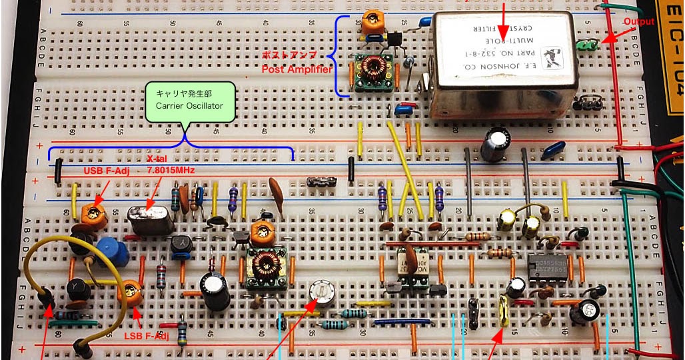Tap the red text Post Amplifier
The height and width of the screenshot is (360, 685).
pos(297,69)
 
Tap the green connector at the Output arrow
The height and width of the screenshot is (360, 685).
pos(586,45)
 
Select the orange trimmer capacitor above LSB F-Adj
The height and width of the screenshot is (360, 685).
pos(129,291)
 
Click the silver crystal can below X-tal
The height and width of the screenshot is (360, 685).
pos(151,220)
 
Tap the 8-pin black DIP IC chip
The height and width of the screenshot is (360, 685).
pos(548,266)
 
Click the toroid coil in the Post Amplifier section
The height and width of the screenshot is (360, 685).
pos(371,69)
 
